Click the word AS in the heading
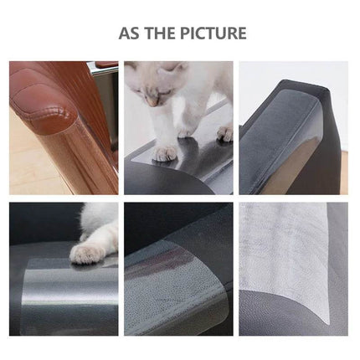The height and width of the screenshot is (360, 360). (x=129, y=33)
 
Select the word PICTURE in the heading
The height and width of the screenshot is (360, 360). (x=213, y=33)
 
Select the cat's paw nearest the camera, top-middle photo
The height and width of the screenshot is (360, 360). (x=165, y=152)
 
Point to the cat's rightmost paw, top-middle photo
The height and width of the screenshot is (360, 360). (x=224, y=132)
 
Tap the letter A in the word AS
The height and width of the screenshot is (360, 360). (x=125, y=33)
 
